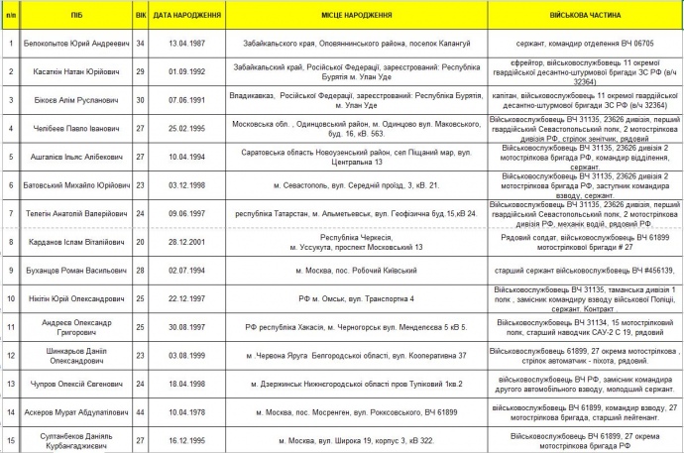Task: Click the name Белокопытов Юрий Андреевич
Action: pos(76,44)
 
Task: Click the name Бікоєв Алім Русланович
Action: pos(76,101)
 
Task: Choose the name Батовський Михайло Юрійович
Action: pos(76,186)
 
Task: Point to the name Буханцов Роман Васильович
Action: pos(76,271)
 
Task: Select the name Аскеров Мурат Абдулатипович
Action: pos(76,410)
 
